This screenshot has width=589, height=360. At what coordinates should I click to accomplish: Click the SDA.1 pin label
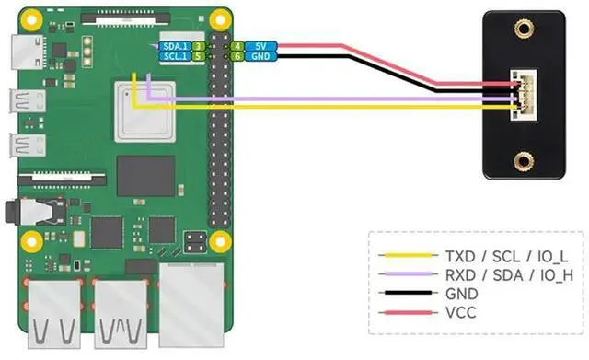point(173,44)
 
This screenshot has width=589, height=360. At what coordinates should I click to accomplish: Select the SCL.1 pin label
point(173,56)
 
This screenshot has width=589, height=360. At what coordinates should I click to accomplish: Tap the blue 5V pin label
point(261,44)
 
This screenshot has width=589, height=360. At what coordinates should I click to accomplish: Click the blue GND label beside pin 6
point(261,56)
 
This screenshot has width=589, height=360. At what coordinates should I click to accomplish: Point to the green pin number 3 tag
point(198,44)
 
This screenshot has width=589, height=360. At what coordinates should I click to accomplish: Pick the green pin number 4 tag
point(237,44)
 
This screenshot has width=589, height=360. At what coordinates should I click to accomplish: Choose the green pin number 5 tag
point(198,56)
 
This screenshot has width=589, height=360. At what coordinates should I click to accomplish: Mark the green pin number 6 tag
point(237,56)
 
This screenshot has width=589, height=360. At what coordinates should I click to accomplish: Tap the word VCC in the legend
point(460,313)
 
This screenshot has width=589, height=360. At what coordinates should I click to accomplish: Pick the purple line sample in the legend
point(403,274)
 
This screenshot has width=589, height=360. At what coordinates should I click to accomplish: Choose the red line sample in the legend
point(403,313)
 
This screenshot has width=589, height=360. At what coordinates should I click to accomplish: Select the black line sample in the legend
point(403,294)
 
